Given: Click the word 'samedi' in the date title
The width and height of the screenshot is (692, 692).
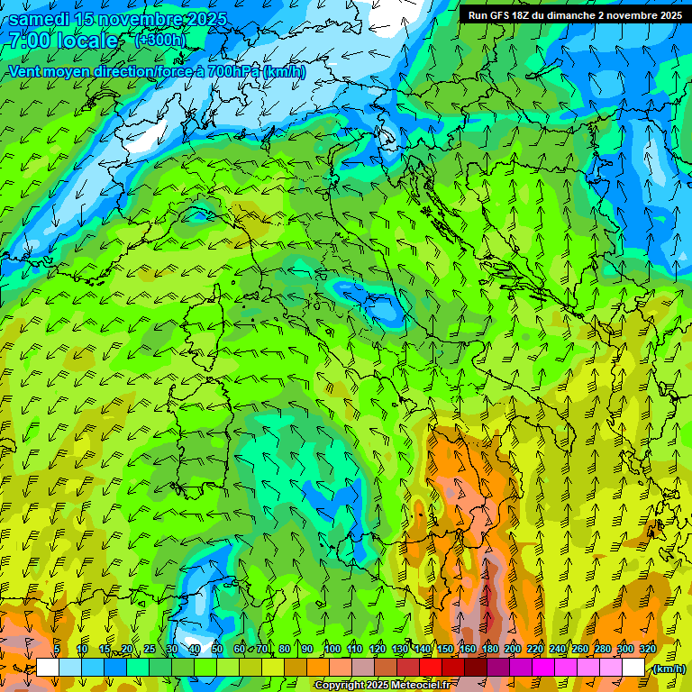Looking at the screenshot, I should point(41,19).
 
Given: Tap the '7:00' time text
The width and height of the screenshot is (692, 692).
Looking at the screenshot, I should point(29,41).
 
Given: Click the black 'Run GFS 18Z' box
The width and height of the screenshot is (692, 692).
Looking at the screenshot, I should point(574,14).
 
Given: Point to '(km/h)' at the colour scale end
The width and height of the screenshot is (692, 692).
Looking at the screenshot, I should point(668,669).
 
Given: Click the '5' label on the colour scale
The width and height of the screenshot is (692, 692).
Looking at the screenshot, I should point(58,650).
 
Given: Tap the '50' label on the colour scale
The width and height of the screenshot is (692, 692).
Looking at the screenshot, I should point(217,650).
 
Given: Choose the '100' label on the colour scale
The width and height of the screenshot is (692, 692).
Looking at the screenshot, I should point(332,650).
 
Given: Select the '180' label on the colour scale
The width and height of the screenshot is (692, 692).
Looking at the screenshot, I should point(489,650).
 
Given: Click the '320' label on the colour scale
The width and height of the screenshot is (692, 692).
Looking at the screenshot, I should point(648,650).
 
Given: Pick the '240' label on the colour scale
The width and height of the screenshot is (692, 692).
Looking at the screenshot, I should point(558,650).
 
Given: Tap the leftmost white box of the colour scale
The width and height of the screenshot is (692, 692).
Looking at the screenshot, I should point(48,668).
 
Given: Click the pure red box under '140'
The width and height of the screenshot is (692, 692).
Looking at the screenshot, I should point(431,668).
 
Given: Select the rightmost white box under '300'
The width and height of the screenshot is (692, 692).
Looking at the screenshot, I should point(633,668).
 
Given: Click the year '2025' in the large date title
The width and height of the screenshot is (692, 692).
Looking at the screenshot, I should point(202,19).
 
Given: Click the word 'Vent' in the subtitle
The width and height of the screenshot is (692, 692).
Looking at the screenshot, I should point(25,71).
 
